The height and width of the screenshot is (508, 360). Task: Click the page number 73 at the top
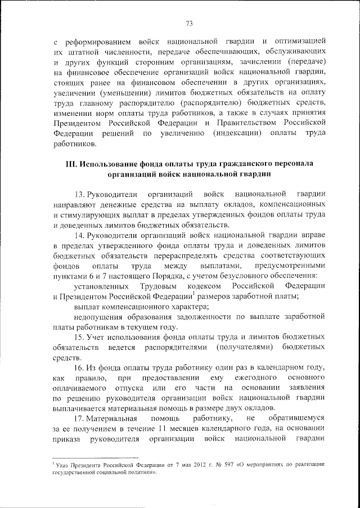[189, 23]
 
